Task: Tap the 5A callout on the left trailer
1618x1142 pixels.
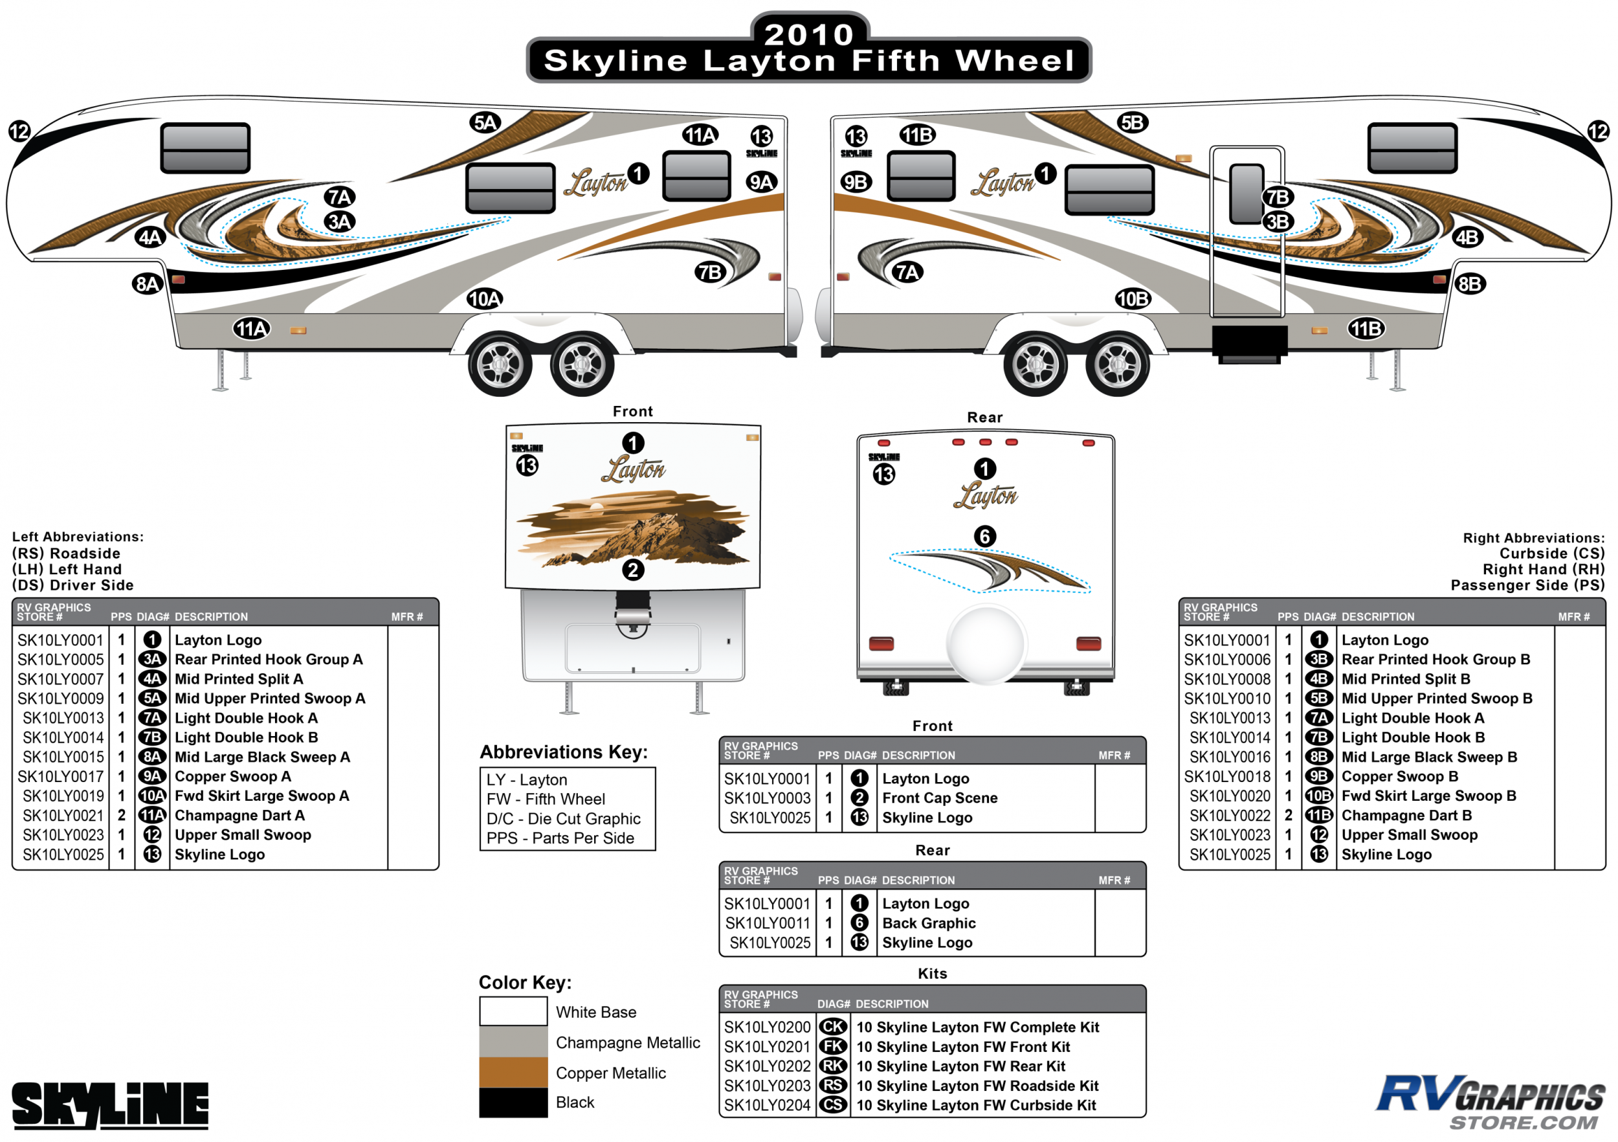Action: pyautogui.click(x=485, y=122)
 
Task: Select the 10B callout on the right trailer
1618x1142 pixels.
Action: pyautogui.click(x=1133, y=299)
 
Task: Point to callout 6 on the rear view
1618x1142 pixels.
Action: pyautogui.click(x=984, y=537)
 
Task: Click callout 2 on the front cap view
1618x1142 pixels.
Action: pyautogui.click(x=632, y=570)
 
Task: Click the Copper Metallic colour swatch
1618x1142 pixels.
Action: pyautogui.click(x=513, y=1072)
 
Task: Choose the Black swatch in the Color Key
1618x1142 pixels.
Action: pyautogui.click(x=513, y=1103)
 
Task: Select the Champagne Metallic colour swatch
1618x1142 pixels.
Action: pyautogui.click(x=513, y=1042)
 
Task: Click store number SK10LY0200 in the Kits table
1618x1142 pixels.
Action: pyautogui.click(x=767, y=1027)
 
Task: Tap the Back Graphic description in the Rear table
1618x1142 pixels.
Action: pyautogui.click(x=928, y=923)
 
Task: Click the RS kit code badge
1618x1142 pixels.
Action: pyautogui.click(x=833, y=1086)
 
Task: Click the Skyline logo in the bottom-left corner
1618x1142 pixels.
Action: pyautogui.click(x=111, y=1104)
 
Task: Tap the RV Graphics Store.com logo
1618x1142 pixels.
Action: pyautogui.click(x=1491, y=1102)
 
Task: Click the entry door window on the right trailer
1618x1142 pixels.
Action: pyautogui.click(x=1246, y=193)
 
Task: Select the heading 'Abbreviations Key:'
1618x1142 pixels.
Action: pyautogui.click(x=563, y=752)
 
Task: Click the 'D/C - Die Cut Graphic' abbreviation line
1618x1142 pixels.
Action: pyautogui.click(x=563, y=818)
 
